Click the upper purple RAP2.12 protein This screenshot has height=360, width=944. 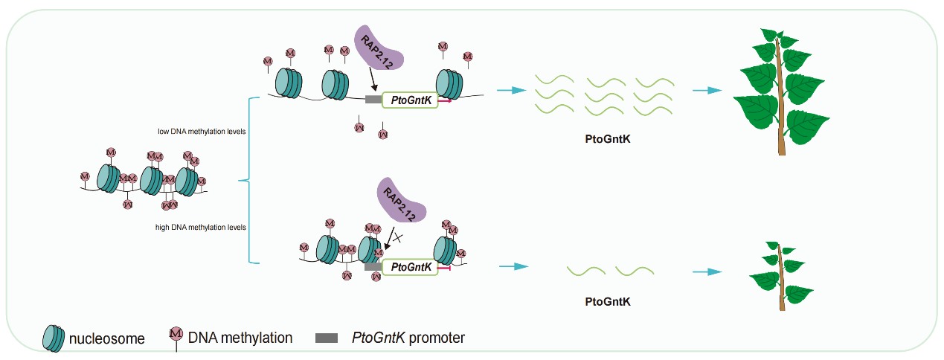[379, 48]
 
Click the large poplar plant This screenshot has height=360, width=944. [780, 89]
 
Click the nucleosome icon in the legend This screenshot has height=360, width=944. [53, 338]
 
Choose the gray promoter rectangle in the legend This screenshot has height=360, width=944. [327, 338]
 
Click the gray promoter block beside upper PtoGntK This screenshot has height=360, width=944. [373, 100]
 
